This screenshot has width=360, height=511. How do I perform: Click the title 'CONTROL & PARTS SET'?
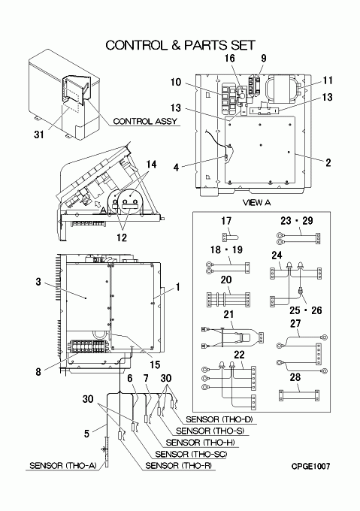pyautogui.click(x=180, y=45)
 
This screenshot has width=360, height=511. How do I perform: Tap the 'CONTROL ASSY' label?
pyautogui.click(x=145, y=121)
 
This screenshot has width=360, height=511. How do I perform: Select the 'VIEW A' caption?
pyautogui.click(x=256, y=203)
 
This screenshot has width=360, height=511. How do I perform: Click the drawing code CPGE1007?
pyautogui.click(x=310, y=467)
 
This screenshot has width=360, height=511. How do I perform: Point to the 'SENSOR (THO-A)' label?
pyautogui.click(x=63, y=466)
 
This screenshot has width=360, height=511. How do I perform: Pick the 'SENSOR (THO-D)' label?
pyautogui.click(x=219, y=419)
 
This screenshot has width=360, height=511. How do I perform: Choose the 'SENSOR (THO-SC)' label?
pyautogui.click(x=191, y=454)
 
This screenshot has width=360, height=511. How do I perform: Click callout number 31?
pyautogui.click(x=39, y=135)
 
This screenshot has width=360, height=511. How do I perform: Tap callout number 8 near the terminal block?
pyautogui.click(x=38, y=371)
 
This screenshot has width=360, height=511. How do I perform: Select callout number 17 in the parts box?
pyautogui.click(x=226, y=221)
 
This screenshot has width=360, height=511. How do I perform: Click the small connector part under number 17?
pyautogui.click(x=229, y=235)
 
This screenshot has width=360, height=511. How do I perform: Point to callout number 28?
pyautogui.click(x=295, y=377)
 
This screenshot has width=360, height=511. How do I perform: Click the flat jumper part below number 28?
pyautogui.click(x=299, y=395)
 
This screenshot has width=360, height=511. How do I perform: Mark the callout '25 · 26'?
pyautogui.click(x=306, y=310)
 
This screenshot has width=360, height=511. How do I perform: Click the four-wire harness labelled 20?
pyautogui.click(x=228, y=299)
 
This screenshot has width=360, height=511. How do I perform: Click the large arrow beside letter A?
pyautogui.click(x=97, y=204)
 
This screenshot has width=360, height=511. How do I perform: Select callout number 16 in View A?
pyautogui.click(x=230, y=59)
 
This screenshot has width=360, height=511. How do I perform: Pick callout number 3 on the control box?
pyautogui.click(x=38, y=281)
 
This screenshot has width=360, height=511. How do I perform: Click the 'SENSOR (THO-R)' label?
pyautogui.click(x=179, y=466)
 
